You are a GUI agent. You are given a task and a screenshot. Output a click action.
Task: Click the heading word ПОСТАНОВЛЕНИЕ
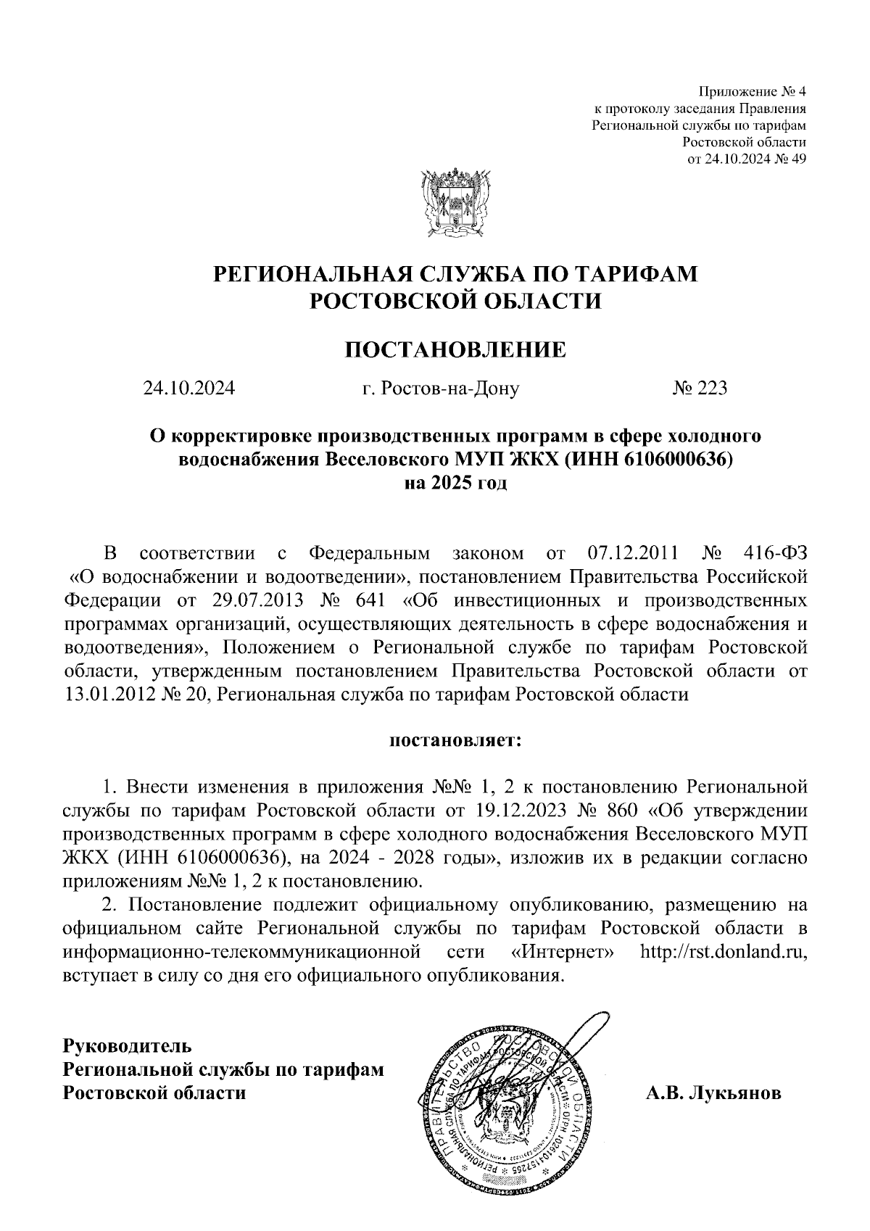tap(455, 351)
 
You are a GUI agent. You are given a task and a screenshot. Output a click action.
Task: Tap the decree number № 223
tap(700, 389)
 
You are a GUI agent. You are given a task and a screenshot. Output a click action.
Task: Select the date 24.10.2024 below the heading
tap(189, 389)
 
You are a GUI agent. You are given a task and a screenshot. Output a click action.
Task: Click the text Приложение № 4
tap(752, 92)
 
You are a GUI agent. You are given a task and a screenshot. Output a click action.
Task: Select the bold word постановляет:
tap(456, 741)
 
